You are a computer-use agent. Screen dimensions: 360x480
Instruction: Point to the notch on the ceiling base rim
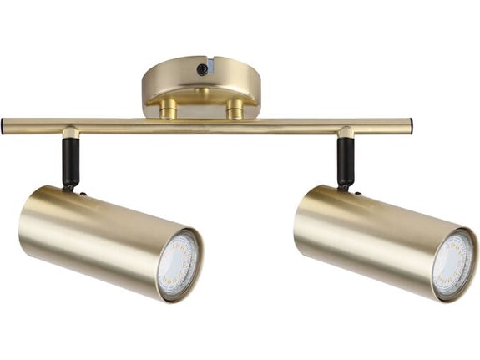(215, 63)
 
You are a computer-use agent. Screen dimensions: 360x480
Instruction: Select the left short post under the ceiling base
(169, 109)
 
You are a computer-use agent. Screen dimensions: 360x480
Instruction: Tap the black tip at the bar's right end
(409, 126)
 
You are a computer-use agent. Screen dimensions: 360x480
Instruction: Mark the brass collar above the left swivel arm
(71, 134)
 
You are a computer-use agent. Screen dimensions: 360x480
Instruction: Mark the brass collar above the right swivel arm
(346, 134)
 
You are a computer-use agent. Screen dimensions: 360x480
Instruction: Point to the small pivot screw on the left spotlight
(83, 193)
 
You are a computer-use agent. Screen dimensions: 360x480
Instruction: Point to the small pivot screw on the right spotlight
(357, 193)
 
